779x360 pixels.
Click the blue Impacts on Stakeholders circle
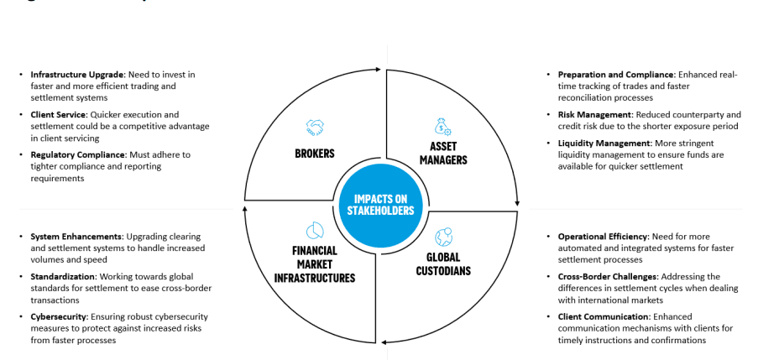(x=382, y=206)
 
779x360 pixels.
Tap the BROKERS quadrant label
(x=316, y=154)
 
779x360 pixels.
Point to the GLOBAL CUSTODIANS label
(x=442, y=263)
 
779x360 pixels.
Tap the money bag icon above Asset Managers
(x=442, y=126)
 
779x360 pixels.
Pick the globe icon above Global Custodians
(x=442, y=236)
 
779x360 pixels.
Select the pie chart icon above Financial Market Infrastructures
(x=316, y=230)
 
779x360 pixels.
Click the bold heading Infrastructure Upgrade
(x=77, y=75)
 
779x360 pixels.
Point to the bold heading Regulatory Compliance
(x=76, y=154)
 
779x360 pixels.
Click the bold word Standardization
(x=63, y=276)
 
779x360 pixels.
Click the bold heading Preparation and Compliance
(x=616, y=75)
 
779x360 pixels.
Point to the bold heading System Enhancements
(x=76, y=237)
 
